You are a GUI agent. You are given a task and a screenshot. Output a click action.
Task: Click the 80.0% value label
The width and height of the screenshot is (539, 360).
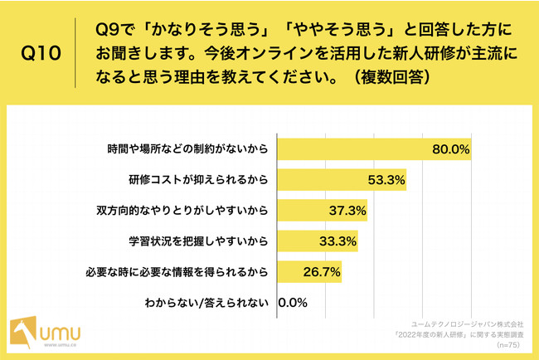pyautogui.click(x=451, y=149)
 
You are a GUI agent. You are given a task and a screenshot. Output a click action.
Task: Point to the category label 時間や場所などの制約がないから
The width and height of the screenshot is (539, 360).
pyautogui.click(x=189, y=149)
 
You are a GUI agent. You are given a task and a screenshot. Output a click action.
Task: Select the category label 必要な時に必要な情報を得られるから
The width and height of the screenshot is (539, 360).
pyautogui.click(x=177, y=272)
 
